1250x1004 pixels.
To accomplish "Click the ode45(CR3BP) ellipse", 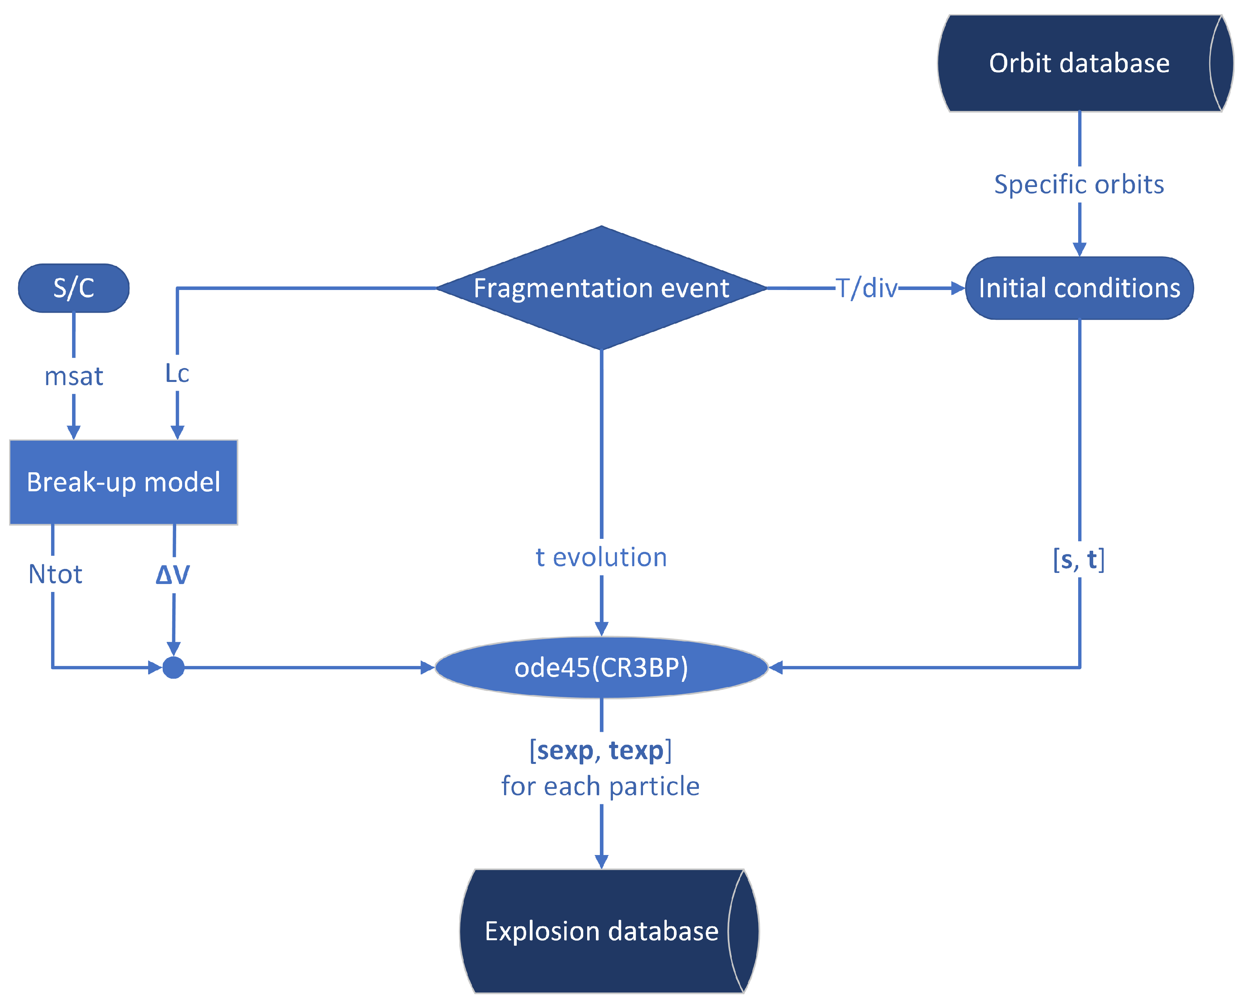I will click(602, 668).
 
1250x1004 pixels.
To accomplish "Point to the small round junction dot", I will click(173, 668).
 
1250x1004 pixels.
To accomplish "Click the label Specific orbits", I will click(1079, 185).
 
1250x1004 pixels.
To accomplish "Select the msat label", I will click(74, 376).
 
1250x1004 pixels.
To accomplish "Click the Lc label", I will click(177, 374).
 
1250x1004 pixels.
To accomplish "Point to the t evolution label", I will click(601, 557).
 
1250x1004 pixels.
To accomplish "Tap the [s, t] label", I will click(1079, 560).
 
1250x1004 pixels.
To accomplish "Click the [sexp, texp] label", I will click(601, 750).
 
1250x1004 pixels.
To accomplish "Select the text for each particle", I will click(601, 786).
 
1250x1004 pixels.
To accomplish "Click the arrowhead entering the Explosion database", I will click(602, 861).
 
